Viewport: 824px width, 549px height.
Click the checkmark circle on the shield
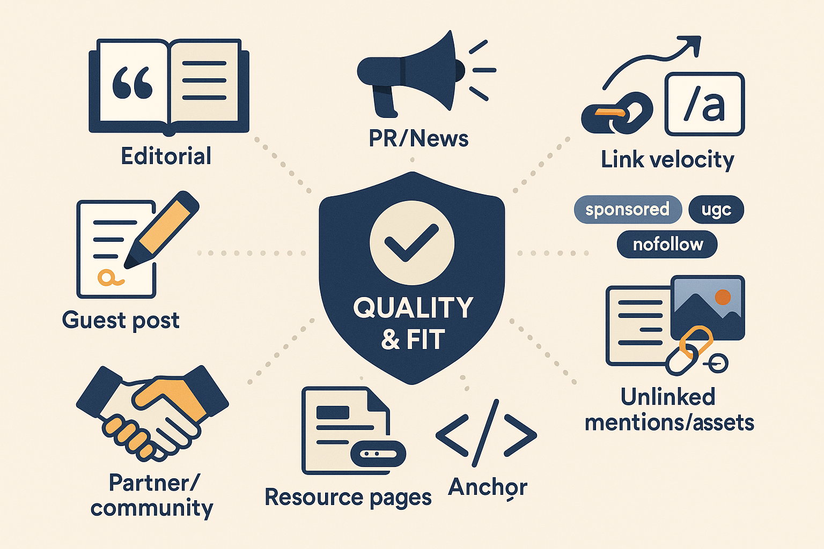[412, 243]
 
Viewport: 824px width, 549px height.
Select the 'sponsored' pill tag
[627, 209]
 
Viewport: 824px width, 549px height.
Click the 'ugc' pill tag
[716, 209]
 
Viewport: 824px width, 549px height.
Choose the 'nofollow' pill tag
[667, 244]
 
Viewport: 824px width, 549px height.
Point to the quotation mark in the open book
[133, 83]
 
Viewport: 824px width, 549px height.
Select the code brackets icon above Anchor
[486, 433]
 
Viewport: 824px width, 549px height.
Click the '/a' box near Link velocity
[704, 104]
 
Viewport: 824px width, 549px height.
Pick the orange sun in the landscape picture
[723, 296]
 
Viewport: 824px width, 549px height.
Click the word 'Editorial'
[166, 157]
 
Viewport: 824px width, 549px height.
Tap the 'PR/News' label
[418, 139]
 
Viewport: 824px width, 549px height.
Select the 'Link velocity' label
[667, 160]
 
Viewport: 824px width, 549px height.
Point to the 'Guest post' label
[121, 321]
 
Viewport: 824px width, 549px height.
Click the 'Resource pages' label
[348, 498]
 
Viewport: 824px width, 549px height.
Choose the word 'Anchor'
[488, 487]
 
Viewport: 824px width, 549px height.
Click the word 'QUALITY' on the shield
[413, 308]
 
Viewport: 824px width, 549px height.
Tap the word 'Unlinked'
[668, 397]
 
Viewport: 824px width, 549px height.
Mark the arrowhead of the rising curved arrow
[692, 44]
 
